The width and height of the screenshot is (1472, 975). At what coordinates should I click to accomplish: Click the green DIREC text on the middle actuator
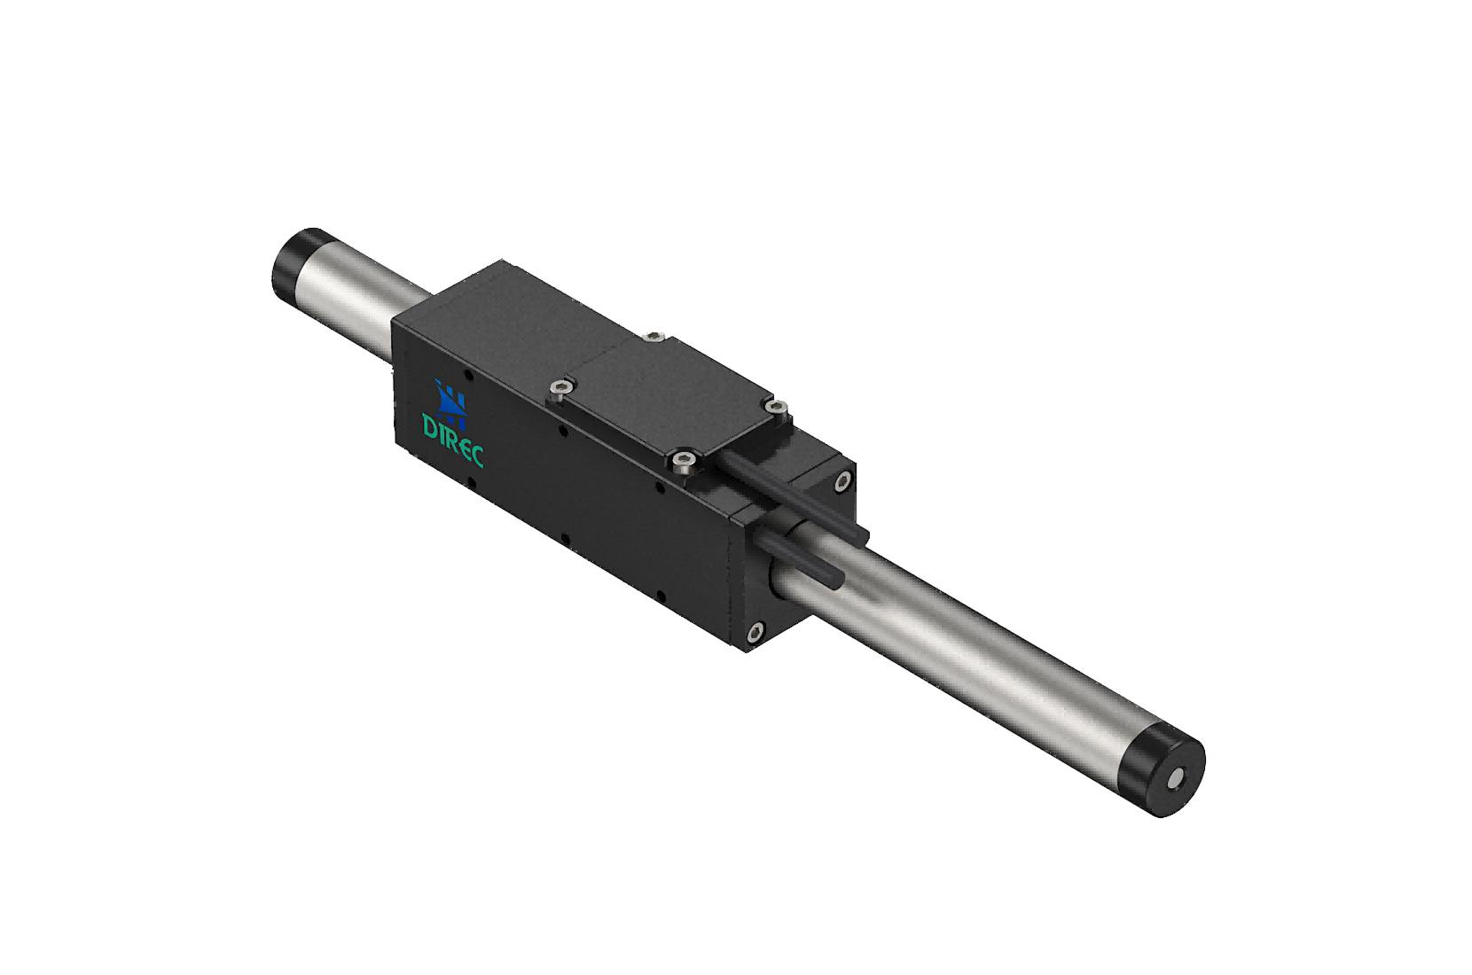click(x=453, y=439)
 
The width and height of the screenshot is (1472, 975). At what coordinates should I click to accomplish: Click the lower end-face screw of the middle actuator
click(x=755, y=633)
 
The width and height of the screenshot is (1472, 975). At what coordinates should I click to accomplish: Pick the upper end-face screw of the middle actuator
click(x=842, y=481)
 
